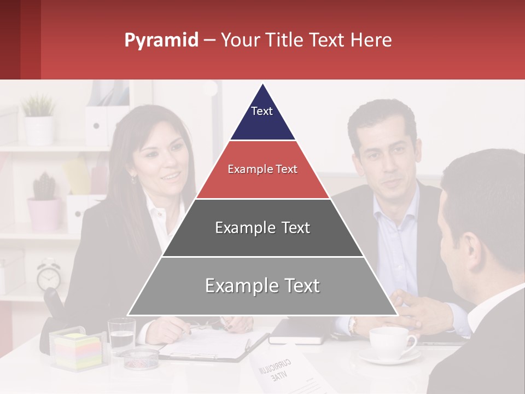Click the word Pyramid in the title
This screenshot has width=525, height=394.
pyautogui.click(x=161, y=40)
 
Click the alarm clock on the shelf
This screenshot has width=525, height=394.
pyautogui.click(x=49, y=276)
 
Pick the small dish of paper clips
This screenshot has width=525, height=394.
pyautogui.click(x=139, y=358)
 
